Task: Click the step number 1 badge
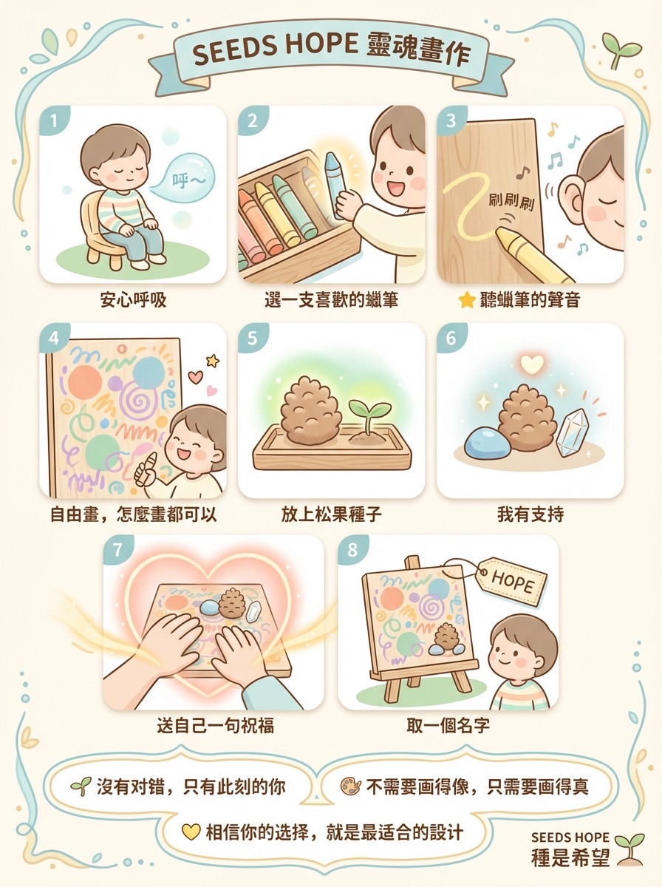pos(52,120)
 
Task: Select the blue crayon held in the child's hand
pos(334,185)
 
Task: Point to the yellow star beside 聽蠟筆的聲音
pos(466,301)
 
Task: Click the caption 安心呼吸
pos(133,300)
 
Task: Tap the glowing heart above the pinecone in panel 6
pos(530,364)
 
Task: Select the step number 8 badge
pos(352,550)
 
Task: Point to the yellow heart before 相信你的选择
pos(191,832)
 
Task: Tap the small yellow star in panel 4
pos(213,360)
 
